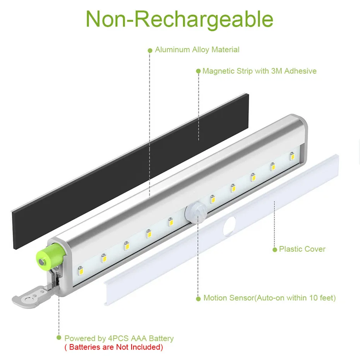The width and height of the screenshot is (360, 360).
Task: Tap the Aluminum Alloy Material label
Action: (x=197, y=50)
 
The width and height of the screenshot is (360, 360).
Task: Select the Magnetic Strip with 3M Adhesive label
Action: (x=259, y=71)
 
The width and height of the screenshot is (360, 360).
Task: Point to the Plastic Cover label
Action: (x=302, y=249)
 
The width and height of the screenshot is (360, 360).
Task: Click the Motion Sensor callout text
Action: (x=269, y=298)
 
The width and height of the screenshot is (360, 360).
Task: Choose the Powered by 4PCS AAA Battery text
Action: (x=119, y=339)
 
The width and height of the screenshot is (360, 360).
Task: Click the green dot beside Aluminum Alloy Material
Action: (x=150, y=50)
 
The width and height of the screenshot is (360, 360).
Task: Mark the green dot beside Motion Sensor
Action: (x=199, y=298)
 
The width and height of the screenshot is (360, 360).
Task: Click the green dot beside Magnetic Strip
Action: (x=198, y=72)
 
